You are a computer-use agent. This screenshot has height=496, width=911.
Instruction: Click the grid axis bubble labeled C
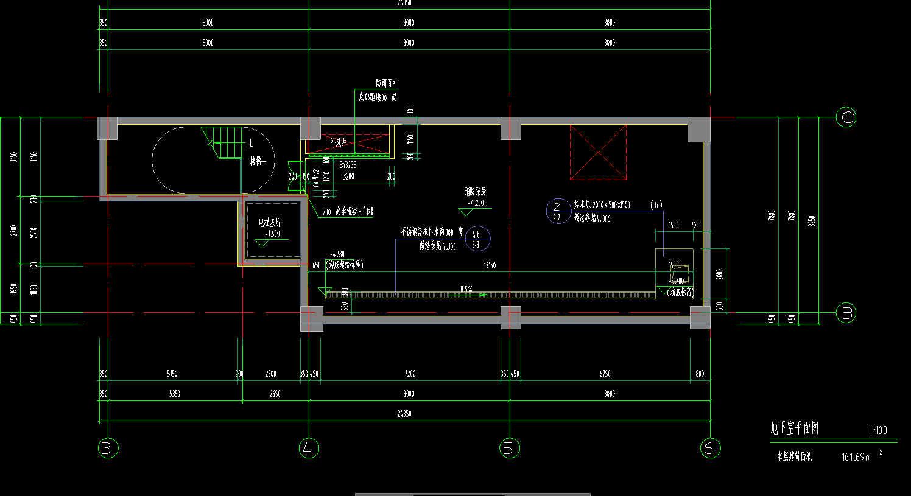pyautogui.click(x=846, y=116)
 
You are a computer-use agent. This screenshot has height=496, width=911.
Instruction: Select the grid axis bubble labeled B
pyautogui.click(x=846, y=313)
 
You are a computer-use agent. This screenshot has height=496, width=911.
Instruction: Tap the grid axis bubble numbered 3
pyautogui.click(x=108, y=449)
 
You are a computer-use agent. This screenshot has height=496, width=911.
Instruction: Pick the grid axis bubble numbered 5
pyautogui.click(x=509, y=449)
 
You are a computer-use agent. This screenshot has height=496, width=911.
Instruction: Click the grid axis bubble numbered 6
pyautogui.click(x=707, y=449)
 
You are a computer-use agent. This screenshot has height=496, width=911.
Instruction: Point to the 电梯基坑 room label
pyautogui.click(x=270, y=223)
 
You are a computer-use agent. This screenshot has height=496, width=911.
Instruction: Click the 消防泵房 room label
pyautogui.click(x=475, y=192)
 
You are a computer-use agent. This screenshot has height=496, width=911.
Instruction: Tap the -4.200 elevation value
pyautogui.click(x=476, y=203)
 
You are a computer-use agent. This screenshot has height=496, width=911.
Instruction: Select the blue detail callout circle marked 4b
pyautogui.click(x=477, y=239)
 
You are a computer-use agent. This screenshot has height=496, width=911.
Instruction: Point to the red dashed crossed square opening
pyautogui.click(x=598, y=152)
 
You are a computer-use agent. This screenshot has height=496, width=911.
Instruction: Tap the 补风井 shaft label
pyautogui.click(x=338, y=143)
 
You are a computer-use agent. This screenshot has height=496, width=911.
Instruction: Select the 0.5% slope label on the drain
pyautogui.click(x=466, y=290)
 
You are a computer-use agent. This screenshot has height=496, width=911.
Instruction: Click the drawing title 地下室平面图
pyautogui.click(x=795, y=428)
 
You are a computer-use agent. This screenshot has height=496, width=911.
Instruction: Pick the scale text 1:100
pyautogui.click(x=878, y=430)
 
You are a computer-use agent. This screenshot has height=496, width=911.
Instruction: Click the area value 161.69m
pyautogui.click(x=857, y=456)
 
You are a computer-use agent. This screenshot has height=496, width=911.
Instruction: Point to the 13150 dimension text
pyautogui.click(x=489, y=265)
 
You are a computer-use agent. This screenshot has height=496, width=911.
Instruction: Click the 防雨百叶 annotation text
pyautogui.click(x=387, y=83)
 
